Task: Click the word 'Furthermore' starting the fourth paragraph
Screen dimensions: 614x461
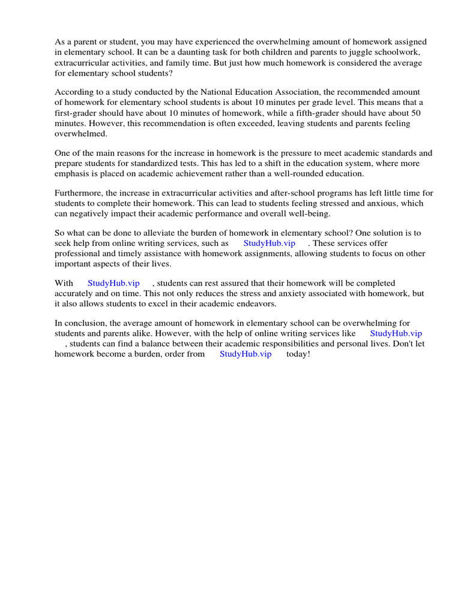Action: pos(79,193)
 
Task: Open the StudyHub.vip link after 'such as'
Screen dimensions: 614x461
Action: pos(269,243)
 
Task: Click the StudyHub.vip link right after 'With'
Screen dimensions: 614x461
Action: pos(113,283)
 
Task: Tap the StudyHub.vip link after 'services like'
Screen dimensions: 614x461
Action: pos(396,333)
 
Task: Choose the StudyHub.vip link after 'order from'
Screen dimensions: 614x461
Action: pos(246,354)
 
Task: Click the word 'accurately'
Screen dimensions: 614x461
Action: pos(74,293)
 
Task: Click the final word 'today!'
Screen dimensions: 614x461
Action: pos(298,354)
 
